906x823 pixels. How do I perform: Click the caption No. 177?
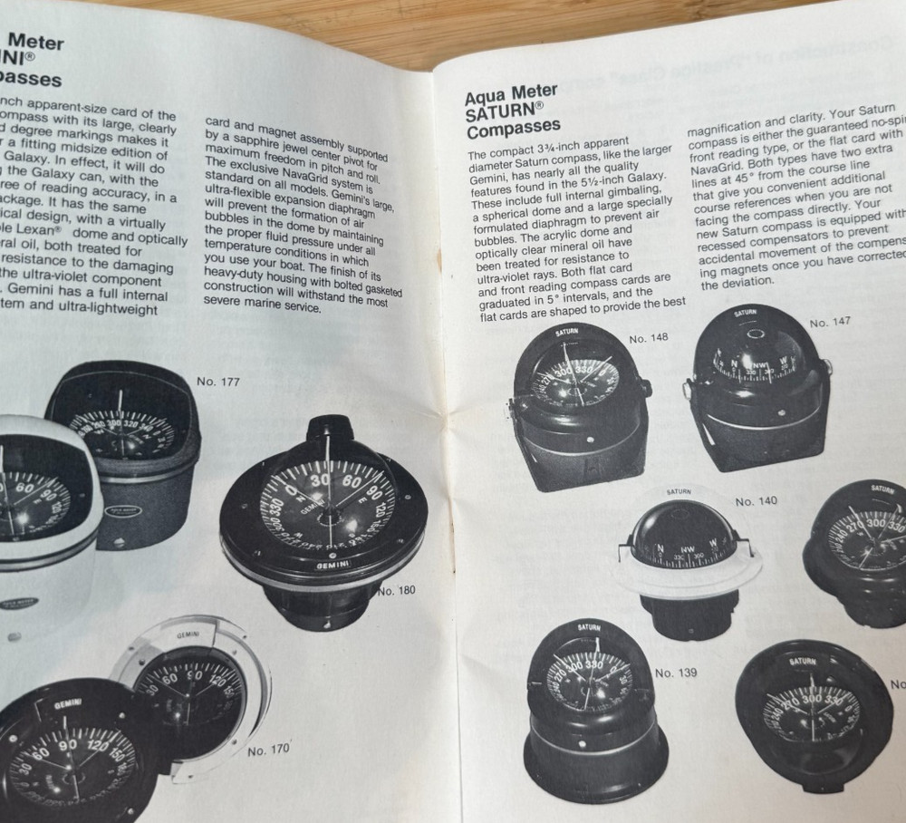[218, 382]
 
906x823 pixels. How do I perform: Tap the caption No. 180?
[396, 591]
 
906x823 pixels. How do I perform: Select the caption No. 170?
[268, 750]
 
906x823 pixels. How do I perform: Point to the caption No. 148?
[648, 338]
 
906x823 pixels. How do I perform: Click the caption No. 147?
[830, 322]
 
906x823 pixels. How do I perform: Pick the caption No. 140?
[756, 501]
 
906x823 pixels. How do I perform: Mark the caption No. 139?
[676, 673]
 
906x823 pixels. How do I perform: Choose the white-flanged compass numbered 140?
[687, 557]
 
